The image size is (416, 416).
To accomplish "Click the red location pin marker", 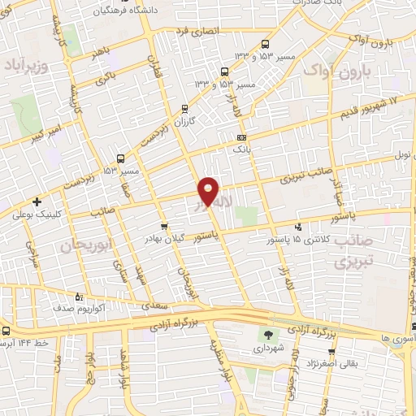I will (x=210, y=190).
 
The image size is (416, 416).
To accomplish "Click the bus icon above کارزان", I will (x=185, y=108).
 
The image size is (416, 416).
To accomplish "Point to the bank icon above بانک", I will (x=240, y=138).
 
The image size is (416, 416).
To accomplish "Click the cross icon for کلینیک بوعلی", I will (x=36, y=201).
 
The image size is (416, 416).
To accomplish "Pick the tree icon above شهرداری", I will (x=269, y=335).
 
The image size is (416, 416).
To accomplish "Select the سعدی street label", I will (x=153, y=305).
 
